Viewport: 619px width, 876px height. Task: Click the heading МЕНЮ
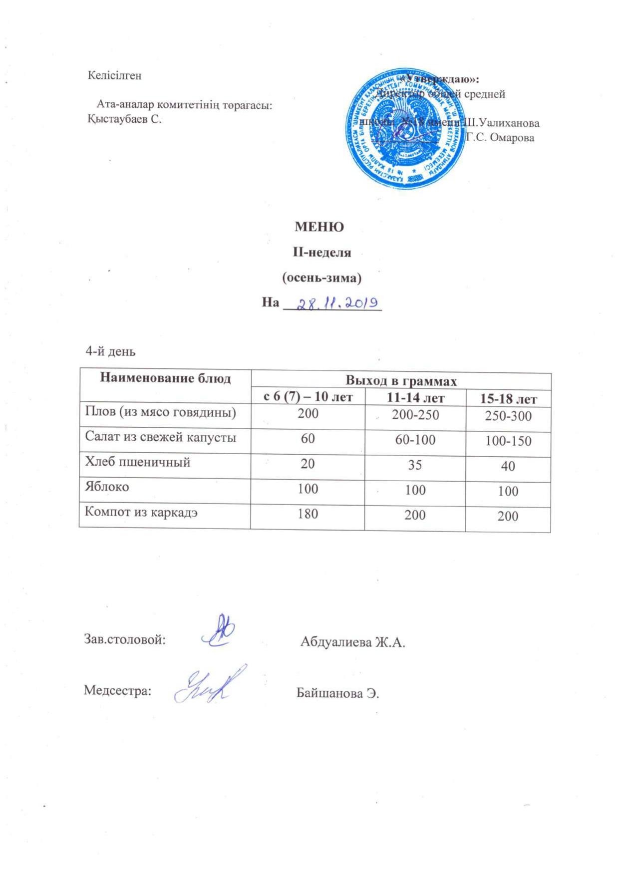pos(319,227)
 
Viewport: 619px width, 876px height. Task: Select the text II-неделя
pos(321,253)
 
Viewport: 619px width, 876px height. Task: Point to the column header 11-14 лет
pos(415,398)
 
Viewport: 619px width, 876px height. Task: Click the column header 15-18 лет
pos(508,399)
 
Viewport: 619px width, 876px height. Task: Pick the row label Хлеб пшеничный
pos(138,462)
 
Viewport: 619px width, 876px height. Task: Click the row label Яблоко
pos(107,487)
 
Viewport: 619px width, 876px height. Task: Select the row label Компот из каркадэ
pos(141,512)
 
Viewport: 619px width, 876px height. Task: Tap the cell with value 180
pos(308,513)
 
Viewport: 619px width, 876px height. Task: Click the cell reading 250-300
pos(508,416)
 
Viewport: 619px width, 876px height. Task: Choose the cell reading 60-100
pos(414,440)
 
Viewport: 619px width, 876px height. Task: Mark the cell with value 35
pos(414,465)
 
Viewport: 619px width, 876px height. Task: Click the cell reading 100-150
pos(508,441)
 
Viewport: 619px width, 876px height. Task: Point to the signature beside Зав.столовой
pos(219,631)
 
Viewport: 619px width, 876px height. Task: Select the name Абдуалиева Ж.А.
pos(352,642)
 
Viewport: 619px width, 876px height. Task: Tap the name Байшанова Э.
pos(338,693)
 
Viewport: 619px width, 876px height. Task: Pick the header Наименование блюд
pos(166,378)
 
